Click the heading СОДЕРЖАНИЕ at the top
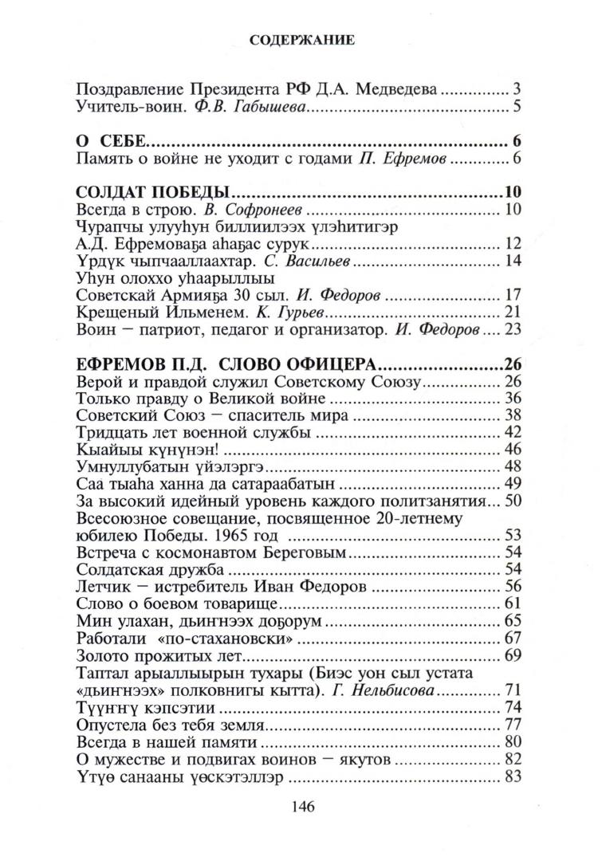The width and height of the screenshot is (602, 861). (x=301, y=38)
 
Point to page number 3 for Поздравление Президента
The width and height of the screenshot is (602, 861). (x=517, y=88)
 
